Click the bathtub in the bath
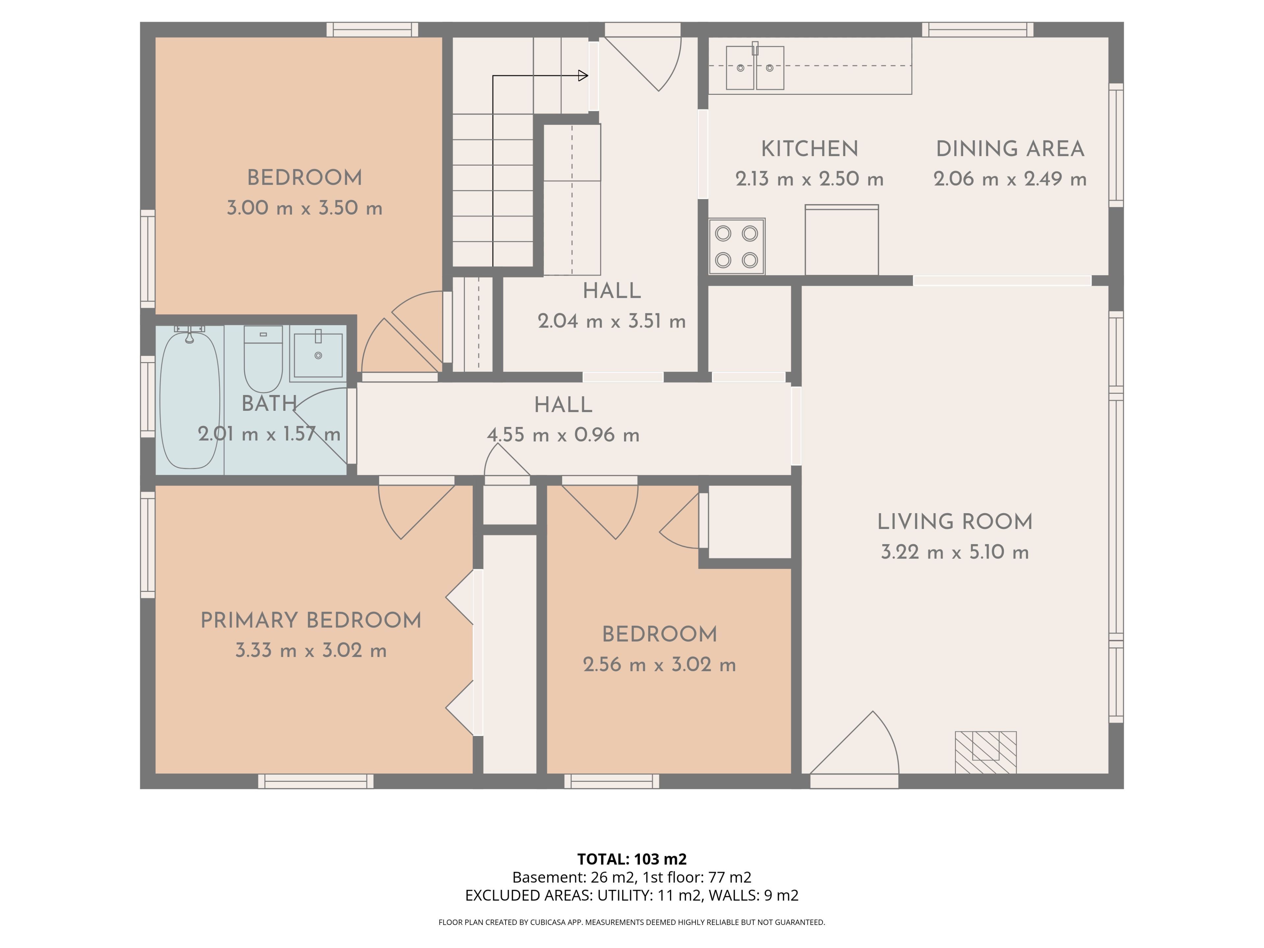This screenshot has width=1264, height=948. tap(190, 400)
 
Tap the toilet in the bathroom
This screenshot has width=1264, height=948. tap(263, 359)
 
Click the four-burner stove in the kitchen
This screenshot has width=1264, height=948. tap(737, 246)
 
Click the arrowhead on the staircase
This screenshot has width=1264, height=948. tap(583, 75)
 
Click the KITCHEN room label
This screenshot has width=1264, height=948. tap(810, 149)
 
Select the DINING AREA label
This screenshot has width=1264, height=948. tap(1010, 149)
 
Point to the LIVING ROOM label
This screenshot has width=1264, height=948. tap(955, 522)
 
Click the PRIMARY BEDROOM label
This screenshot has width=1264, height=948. tap(311, 620)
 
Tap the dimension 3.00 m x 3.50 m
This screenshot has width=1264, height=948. tap(304, 208)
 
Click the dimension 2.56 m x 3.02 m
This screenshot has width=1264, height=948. tap(659, 665)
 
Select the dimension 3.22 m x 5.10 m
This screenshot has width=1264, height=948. tap(955, 552)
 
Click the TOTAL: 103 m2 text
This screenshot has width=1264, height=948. tap(632, 859)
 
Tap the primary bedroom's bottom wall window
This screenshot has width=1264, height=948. tap(316, 781)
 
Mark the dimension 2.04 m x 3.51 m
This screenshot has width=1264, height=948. tap(612, 321)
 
